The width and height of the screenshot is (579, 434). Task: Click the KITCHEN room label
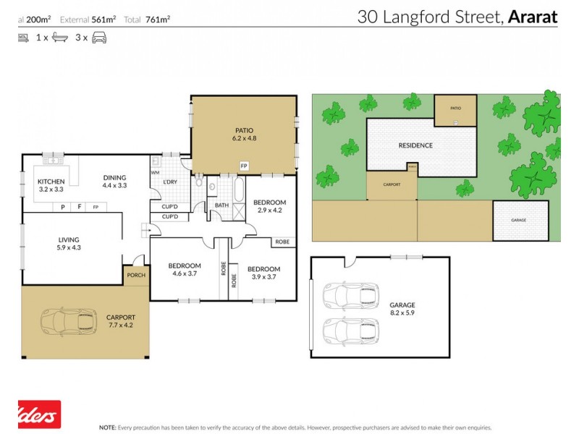tap(51, 182)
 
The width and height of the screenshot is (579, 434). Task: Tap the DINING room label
tap(114, 177)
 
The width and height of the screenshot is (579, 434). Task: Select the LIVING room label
tap(69, 239)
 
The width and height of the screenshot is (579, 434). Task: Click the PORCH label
tap(135, 275)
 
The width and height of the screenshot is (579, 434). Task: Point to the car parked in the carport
tap(68, 319)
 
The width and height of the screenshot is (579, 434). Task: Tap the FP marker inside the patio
tap(244, 165)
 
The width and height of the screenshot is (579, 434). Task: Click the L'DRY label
tap(171, 181)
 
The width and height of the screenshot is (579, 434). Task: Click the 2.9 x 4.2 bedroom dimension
tap(269, 210)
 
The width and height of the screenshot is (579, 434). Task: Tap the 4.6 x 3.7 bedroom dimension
tap(185, 273)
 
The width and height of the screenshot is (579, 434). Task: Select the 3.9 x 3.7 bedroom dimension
tap(265, 277)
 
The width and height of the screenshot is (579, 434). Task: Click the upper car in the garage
tap(344, 294)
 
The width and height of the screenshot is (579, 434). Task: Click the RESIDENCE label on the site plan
tap(415, 145)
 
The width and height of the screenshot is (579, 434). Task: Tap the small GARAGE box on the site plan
tap(519, 220)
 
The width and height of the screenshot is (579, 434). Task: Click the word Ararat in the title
tap(533, 17)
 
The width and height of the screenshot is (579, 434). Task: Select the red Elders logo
tap(39, 415)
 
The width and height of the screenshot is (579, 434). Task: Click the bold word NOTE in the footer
tap(108, 427)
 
